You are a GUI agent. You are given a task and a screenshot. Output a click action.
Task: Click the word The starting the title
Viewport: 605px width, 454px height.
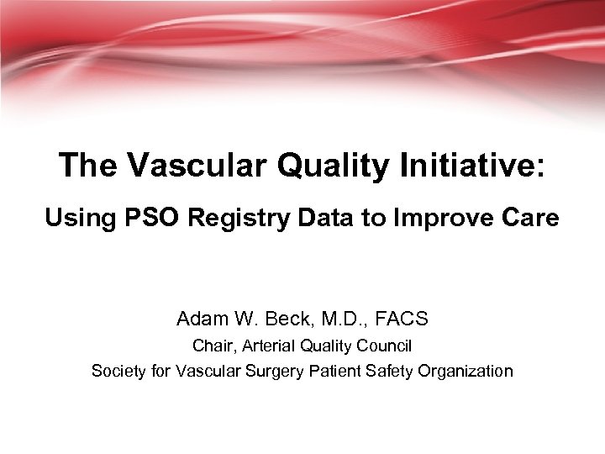pos(87,166)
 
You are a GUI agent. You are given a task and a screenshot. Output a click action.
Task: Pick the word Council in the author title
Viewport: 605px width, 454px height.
pos(386,346)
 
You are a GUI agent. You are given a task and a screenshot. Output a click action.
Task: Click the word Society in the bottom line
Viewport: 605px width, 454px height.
pos(117,371)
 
